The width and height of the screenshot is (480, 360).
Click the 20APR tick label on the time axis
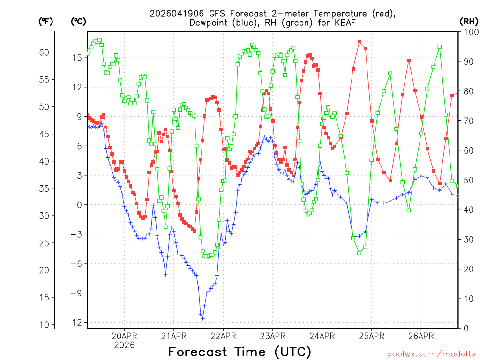[x=124, y=336]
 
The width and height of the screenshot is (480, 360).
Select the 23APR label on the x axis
[x=273, y=336]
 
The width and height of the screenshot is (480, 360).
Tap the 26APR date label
[x=421, y=336]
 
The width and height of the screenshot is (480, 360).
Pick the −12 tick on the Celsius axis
[x=75, y=322]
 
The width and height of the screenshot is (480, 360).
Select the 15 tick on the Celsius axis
[x=77, y=58]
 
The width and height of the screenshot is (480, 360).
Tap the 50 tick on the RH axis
[x=468, y=180]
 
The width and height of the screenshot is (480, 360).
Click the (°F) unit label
[x=46, y=21]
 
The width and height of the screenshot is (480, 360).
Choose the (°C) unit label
[x=78, y=21]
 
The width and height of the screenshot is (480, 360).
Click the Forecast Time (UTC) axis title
[x=240, y=352]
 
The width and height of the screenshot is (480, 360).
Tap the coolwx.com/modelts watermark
[x=431, y=353]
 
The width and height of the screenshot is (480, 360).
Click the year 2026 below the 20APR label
[x=124, y=345]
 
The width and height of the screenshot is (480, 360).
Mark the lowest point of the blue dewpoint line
[x=202, y=318]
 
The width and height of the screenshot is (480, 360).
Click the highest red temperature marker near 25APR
[x=359, y=42]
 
